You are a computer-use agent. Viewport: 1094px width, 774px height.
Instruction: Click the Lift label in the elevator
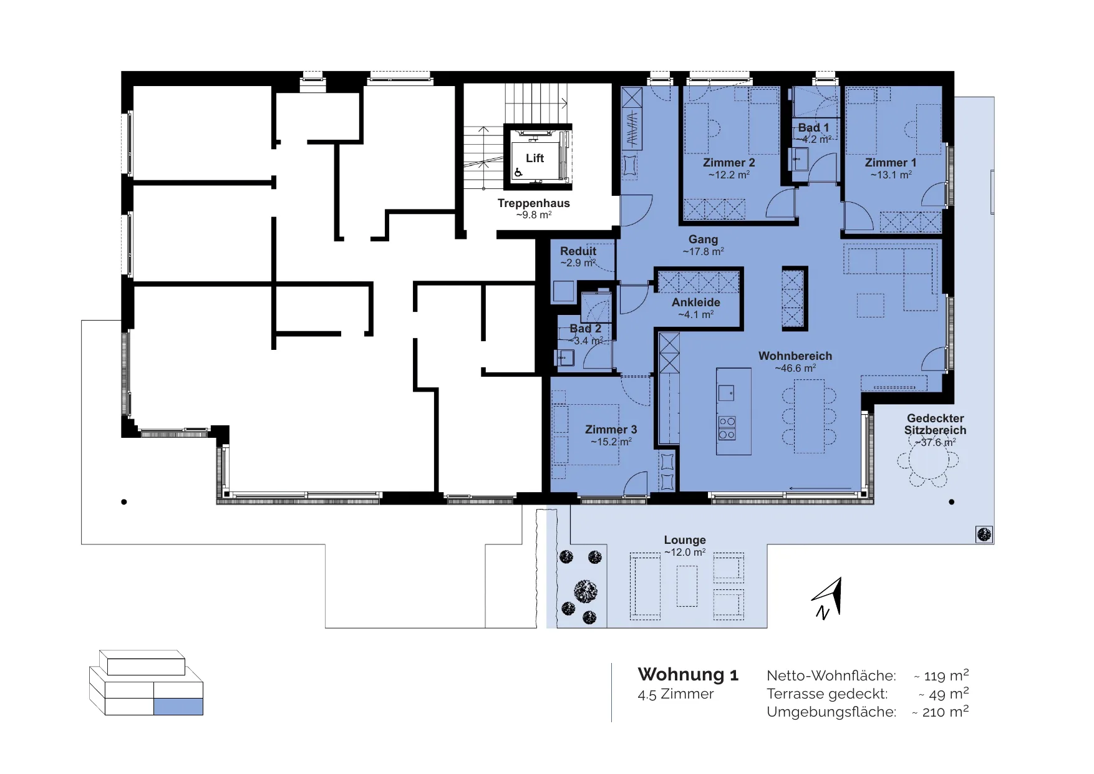coord(535,158)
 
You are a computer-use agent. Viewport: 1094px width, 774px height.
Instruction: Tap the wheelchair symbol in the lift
coord(518,173)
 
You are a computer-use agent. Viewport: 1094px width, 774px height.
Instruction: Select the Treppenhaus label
coord(534,203)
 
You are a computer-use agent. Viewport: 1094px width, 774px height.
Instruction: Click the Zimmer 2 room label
coord(729,163)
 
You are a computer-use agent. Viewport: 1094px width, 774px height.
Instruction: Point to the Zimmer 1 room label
coord(891,163)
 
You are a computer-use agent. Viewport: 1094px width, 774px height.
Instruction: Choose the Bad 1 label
coord(813,128)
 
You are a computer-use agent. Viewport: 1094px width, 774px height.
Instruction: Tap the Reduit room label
coord(578,251)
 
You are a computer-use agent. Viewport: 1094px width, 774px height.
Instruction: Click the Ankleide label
coord(696,302)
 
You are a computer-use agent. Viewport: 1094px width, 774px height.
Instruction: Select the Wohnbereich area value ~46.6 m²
coord(795,369)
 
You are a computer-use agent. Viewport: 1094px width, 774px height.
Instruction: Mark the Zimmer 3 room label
coord(611,430)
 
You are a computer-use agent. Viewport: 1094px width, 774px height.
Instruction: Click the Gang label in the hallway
coord(704,239)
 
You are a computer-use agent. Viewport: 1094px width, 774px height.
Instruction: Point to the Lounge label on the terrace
coord(685,540)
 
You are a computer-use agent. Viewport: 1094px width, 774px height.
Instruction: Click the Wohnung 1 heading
coord(688,675)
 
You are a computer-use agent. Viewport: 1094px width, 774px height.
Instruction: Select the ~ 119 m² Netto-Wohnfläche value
coord(941,675)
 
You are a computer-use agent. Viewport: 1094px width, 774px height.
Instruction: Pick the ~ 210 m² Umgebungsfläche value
coord(941,712)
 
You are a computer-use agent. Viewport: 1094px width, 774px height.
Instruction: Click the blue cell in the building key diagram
coord(178,707)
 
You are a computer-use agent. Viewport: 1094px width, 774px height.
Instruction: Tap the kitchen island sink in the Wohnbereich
coord(726,393)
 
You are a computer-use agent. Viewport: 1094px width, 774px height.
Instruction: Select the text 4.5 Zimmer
coord(675,694)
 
